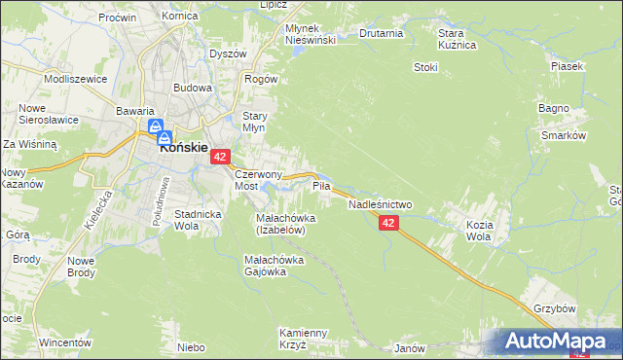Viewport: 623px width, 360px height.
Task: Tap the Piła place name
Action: pyautogui.click(x=321, y=184)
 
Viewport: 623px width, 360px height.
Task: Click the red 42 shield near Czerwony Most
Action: pyautogui.click(x=221, y=157)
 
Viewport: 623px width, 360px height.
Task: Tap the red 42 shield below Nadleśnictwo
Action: pyautogui.click(x=388, y=224)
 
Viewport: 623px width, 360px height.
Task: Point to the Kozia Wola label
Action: pyautogui.click(x=478, y=230)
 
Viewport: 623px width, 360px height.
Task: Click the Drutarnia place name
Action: pyautogui.click(x=381, y=33)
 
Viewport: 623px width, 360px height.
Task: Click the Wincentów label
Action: pyautogui.click(x=65, y=343)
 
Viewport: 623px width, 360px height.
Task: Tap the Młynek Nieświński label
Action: pyautogui.click(x=310, y=34)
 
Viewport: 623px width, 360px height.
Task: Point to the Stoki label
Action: pyautogui.click(x=425, y=67)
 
